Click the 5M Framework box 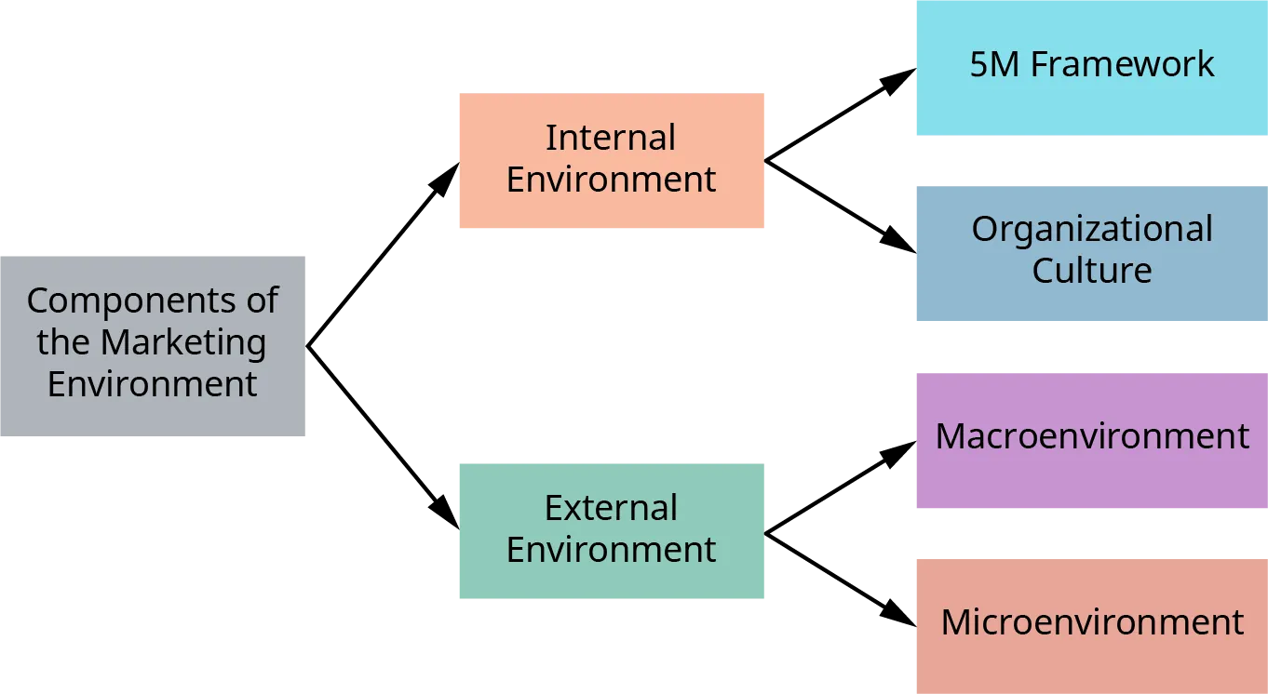(1091, 70)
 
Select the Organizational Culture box (1091, 255)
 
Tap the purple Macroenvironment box (1091, 442)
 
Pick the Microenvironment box (1091, 625)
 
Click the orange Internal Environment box (611, 160)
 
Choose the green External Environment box (611, 531)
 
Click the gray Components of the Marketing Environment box (152, 345)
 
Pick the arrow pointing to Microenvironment (843, 581)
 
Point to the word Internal (611, 138)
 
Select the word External (611, 508)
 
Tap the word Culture (1091, 271)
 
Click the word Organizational (1091, 230)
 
